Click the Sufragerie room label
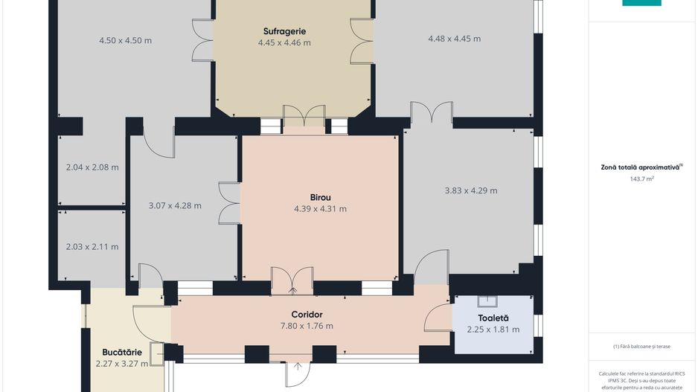(x=284, y=31)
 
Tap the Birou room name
(x=320, y=197)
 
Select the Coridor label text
(x=307, y=315)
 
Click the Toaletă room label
(x=493, y=318)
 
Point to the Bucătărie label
(x=122, y=353)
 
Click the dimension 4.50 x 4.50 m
(x=125, y=40)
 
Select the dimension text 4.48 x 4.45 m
(x=454, y=39)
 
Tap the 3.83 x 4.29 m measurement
(x=471, y=190)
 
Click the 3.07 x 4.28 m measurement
(x=175, y=205)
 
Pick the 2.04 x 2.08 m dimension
(x=92, y=167)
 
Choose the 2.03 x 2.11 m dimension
(x=92, y=246)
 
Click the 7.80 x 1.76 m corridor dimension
(x=307, y=326)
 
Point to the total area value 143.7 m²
(x=641, y=179)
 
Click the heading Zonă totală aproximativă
(x=640, y=167)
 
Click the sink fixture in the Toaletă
(x=487, y=301)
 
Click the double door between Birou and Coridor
(x=292, y=280)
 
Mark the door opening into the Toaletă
(x=438, y=318)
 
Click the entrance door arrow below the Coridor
(x=298, y=366)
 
